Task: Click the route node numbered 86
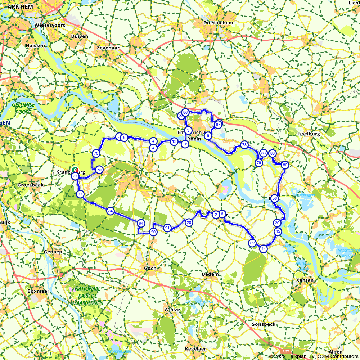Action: pos(185,112)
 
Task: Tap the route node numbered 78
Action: pos(244,145)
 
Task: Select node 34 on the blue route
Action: pos(111,211)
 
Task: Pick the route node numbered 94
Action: pos(141,223)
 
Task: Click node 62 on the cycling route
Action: pos(252,243)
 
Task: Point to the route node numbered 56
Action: pos(275,198)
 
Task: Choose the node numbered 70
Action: pos(96,153)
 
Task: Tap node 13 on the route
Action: pos(174,141)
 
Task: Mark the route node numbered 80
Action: pos(285,165)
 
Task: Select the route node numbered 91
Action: pos(167,228)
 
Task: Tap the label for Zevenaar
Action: pos(108,47)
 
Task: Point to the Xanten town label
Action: pos(304,280)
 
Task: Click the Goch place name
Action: pos(150,268)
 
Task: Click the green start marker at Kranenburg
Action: pos(75,170)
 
